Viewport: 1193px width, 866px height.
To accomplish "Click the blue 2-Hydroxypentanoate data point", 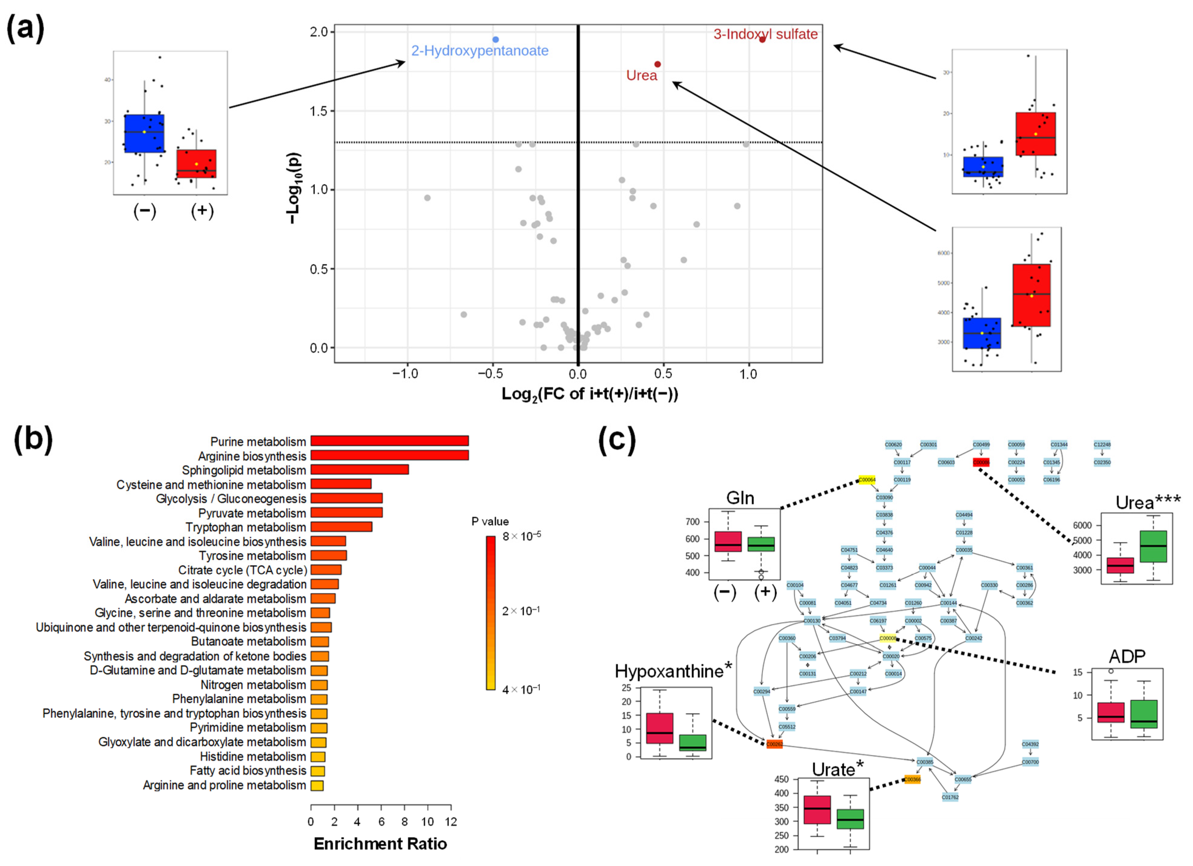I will point(496,39).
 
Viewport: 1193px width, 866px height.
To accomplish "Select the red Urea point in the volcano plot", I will point(657,64).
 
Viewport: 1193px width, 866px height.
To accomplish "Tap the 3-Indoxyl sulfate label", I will point(765,34).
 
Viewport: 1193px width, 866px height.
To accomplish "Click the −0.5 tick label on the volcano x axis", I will point(490,374).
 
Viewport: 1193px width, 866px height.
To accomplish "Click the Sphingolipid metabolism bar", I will point(359,469).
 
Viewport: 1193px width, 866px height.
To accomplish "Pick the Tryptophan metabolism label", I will point(245,527).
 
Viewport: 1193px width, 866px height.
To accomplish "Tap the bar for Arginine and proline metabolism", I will point(317,786).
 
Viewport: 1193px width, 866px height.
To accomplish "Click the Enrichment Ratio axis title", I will point(380,844).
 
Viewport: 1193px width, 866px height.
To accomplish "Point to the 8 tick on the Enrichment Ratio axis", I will point(405,822).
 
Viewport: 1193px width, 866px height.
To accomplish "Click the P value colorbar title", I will point(490,521).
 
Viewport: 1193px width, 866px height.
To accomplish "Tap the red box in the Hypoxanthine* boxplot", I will point(660,728).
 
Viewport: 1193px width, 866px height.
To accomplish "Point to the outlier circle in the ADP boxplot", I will point(1111,671).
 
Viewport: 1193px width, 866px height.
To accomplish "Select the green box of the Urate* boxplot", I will point(850,819).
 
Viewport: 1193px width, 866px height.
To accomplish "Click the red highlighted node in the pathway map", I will point(981,462).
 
